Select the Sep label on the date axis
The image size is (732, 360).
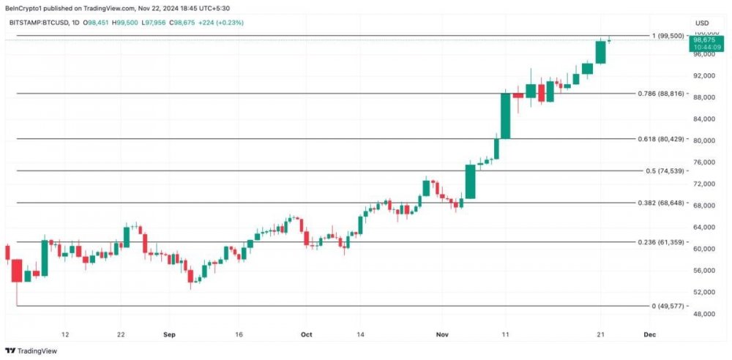170,334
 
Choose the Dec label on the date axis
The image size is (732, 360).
649,334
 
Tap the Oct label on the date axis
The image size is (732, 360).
306,334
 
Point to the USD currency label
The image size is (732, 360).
702,23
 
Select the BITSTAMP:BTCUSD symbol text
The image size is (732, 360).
39,23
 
